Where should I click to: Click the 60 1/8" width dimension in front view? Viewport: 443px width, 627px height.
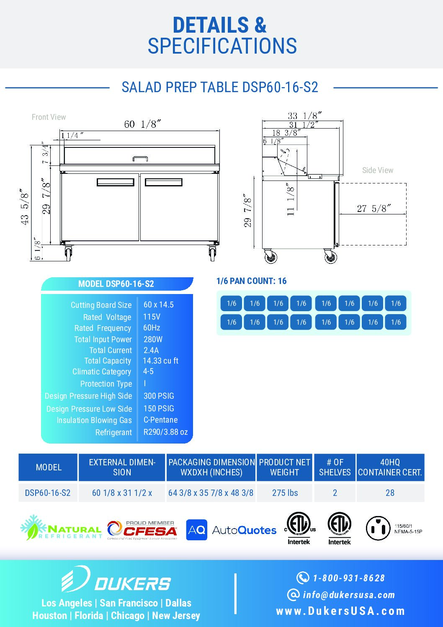click(x=142, y=124)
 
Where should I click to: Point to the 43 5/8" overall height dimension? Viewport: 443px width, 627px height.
click(x=25, y=206)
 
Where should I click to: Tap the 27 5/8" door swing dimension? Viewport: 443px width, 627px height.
click(x=374, y=208)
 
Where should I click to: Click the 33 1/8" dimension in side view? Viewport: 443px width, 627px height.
click(x=304, y=116)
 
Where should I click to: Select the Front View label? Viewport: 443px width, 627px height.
click(x=49, y=117)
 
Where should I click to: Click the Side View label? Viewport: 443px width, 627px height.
click(x=377, y=170)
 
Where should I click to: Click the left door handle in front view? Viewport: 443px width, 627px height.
click(x=116, y=182)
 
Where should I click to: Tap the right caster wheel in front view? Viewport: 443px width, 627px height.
click(x=212, y=253)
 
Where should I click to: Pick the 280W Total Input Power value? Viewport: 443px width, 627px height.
click(x=153, y=339)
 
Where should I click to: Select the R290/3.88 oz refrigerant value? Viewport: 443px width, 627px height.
click(x=165, y=432)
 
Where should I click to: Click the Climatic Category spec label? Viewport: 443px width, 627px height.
click(x=102, y=372)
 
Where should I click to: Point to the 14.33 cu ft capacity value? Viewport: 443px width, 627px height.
click(x=161, y=361)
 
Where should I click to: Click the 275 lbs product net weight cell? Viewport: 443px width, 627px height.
click(x=285, y=493)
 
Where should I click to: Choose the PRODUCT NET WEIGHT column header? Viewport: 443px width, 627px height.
click(x=285, y=467)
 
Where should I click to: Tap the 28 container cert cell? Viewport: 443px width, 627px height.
click(x=390, y=493)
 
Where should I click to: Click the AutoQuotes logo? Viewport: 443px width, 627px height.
click(x=231, y=530)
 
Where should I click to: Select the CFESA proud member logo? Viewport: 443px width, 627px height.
click(x=142, y=530)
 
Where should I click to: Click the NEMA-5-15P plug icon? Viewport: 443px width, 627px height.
click(x=378, y=528)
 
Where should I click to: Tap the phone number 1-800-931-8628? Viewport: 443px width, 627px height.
click(x=348, y=578)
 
